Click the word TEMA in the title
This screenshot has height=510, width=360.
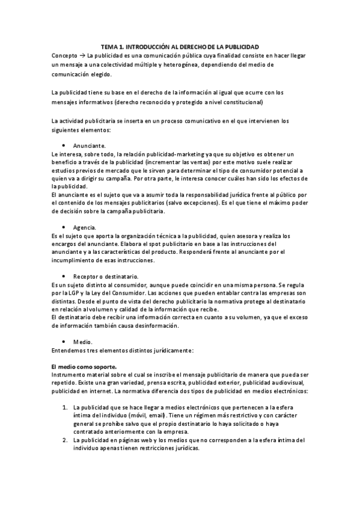[110, 46]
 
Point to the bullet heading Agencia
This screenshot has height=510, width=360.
[85, 227]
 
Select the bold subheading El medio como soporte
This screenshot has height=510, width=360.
[84, 366]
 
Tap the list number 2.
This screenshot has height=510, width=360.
[64, 440]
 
